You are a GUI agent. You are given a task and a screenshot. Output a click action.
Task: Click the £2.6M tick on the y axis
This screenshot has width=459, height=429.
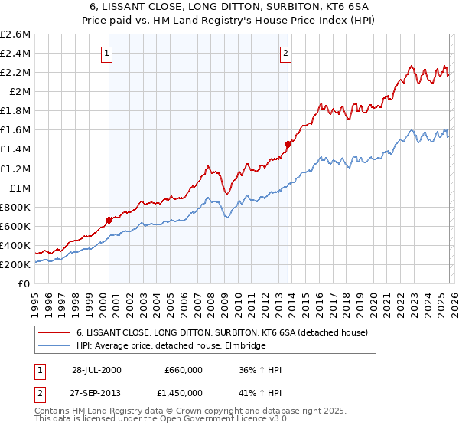pyautogui.click(x=16, y=34)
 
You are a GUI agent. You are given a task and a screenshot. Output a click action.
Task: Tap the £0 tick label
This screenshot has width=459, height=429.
pyautogui.click(x=24, y=283)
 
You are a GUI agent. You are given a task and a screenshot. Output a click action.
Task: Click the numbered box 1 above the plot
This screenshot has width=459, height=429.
pyautogui.click(x=106, y=54)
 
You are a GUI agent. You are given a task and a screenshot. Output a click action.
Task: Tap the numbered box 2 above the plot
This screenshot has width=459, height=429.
pyautogui.click(x=285, y=54)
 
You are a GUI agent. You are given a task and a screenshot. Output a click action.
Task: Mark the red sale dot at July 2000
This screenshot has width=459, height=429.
pyautogui.click(x=109, y=220)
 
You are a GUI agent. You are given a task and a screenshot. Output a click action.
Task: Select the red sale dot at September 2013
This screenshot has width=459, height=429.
pyautogui.click(x=288, y=143)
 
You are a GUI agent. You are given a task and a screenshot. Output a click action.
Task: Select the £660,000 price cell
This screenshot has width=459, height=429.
pyautogui.click(x=184, y=370)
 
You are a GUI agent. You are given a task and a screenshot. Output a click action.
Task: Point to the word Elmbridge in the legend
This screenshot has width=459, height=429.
pyautogui.click(x=244, y=346)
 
